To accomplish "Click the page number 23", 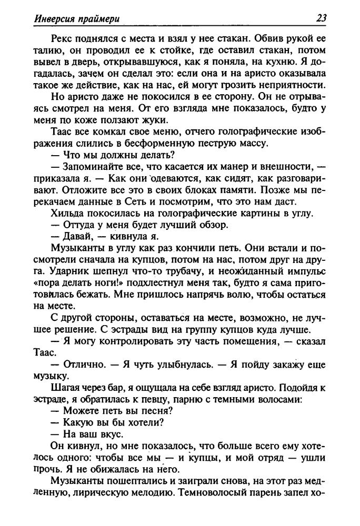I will click(321, 19).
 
